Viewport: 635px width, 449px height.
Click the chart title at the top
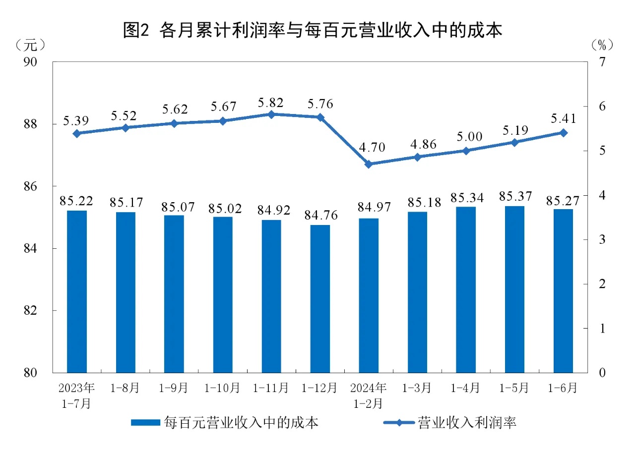coord(313,31)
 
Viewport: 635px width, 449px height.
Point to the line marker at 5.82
coord(271,114)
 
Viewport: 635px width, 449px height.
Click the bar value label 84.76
coord(320,217)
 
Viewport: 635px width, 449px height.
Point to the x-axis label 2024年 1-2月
coord(368,395)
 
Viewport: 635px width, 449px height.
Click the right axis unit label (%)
coord(602,45)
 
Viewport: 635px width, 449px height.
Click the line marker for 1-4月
coord(466,151)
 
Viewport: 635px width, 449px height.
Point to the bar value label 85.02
coord(223,208)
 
